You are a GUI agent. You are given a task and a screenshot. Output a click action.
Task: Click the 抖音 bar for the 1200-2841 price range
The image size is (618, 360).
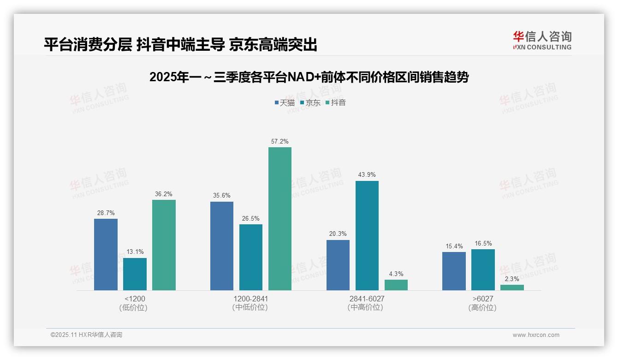280,219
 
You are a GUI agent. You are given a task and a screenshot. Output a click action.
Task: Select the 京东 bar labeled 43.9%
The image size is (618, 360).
367,235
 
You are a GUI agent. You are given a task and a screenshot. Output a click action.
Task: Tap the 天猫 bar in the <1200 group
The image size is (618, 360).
106,254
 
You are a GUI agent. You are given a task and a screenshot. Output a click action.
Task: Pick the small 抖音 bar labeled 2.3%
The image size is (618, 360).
512,288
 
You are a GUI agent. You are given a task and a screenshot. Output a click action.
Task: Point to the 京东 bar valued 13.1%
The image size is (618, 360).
135,274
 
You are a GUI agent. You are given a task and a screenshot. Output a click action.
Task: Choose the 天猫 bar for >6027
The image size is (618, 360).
454,271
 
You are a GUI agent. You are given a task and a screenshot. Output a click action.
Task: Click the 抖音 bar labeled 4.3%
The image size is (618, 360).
396,285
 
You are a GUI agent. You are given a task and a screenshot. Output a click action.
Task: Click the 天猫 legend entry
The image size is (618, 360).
285,102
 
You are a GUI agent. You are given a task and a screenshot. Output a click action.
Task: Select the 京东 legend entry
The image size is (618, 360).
310,102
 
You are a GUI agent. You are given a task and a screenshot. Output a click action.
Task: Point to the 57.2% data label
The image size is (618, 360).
280,142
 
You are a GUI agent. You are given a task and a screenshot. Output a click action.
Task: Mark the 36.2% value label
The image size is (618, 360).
164,194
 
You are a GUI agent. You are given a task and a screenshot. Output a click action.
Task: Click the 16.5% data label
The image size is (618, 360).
483,244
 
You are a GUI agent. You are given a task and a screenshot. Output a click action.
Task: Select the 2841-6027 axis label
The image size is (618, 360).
367,299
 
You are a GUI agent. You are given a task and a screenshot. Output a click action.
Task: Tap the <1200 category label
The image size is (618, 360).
135,299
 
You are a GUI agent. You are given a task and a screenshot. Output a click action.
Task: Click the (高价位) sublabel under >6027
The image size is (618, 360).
482,308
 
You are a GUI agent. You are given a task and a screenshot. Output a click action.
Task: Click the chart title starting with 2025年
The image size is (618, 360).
309,77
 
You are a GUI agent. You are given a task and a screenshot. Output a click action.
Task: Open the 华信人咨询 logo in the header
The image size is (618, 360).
542,40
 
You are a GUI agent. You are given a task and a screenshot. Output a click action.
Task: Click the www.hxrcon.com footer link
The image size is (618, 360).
536,335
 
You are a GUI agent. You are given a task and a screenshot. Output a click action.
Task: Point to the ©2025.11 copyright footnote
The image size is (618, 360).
86,335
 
